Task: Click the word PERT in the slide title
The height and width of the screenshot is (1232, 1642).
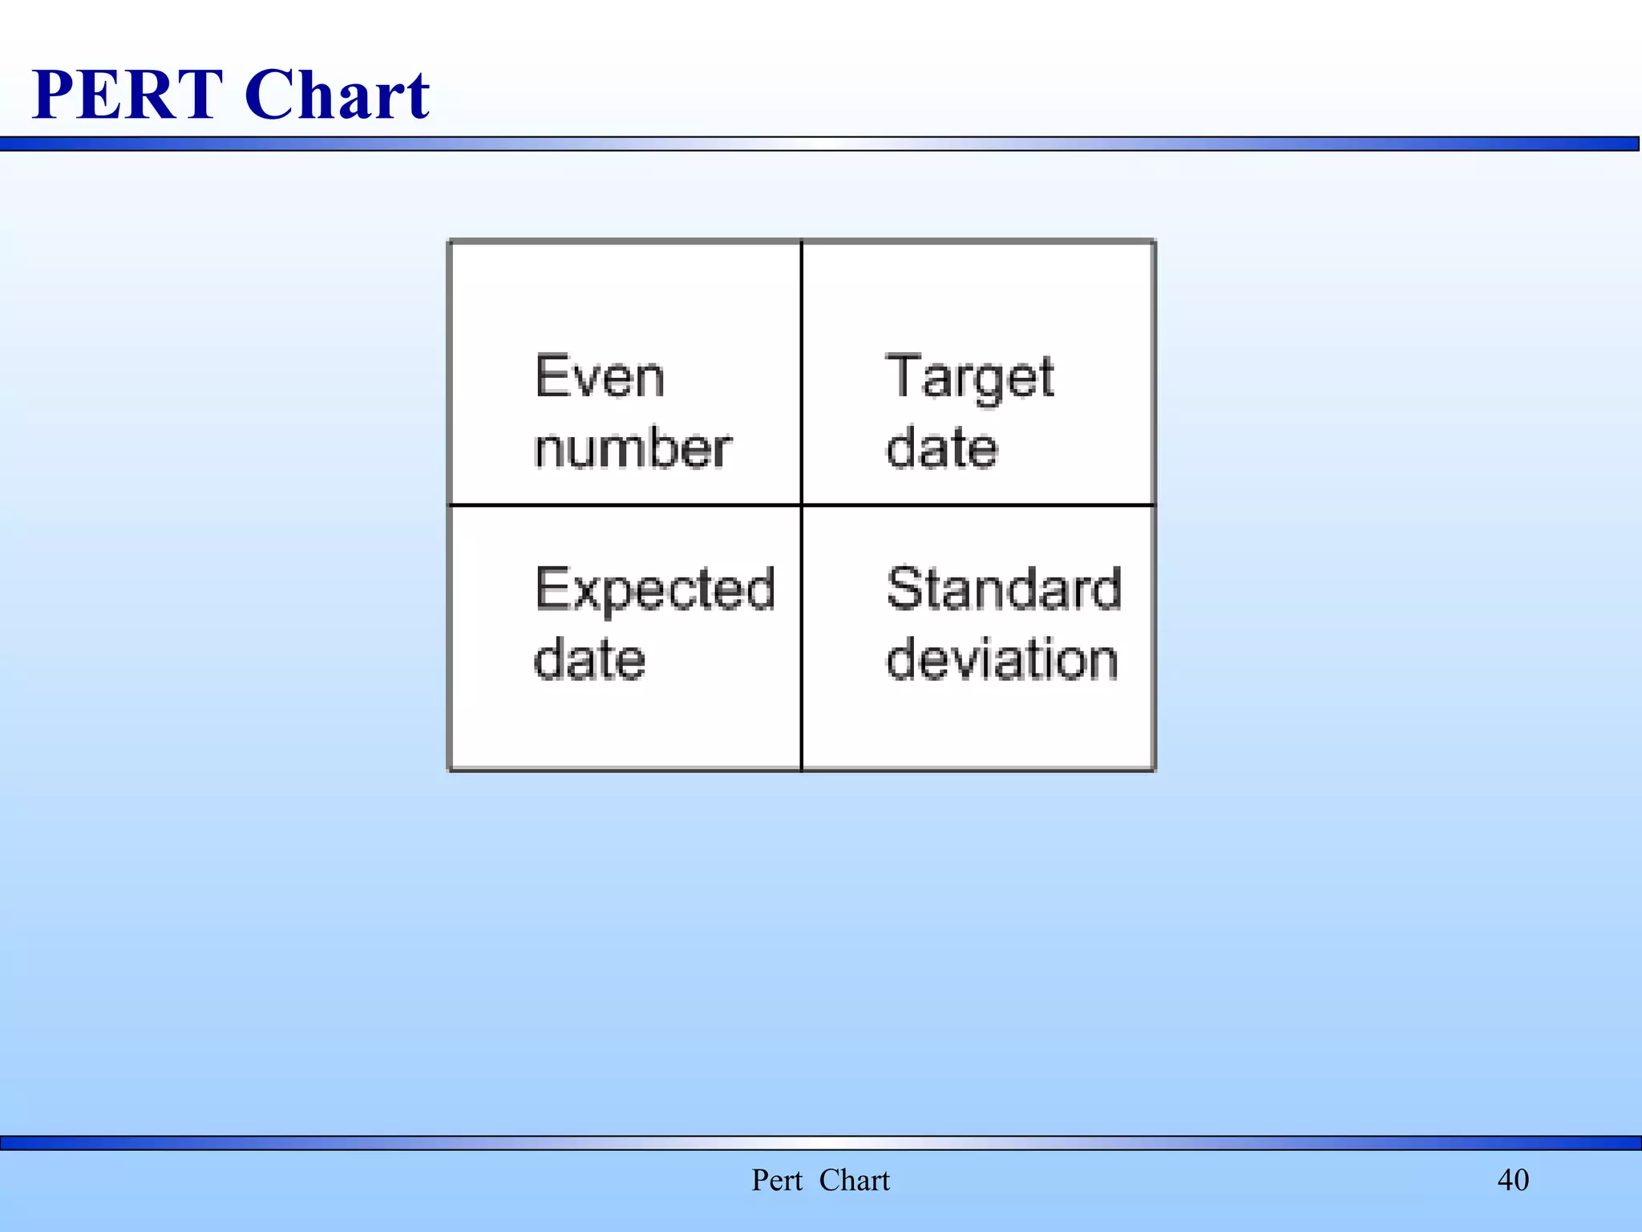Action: (127, 95)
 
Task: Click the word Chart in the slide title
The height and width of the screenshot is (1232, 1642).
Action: (338, 95)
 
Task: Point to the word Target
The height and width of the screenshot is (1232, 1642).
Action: (970, 377)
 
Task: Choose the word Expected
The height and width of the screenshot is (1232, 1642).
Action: (655, 590)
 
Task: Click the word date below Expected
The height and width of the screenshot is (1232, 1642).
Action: (590, 659)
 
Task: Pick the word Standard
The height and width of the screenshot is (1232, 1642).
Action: (1004, 589)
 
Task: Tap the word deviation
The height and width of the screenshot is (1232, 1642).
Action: (1002, 659)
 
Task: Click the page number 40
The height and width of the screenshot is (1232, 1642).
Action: (1513, 1180)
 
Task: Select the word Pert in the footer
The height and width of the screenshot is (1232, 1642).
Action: (776, 1180)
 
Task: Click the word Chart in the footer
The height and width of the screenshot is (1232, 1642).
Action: (855, 1180)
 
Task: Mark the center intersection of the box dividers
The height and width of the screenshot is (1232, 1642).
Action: (802, 505)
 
